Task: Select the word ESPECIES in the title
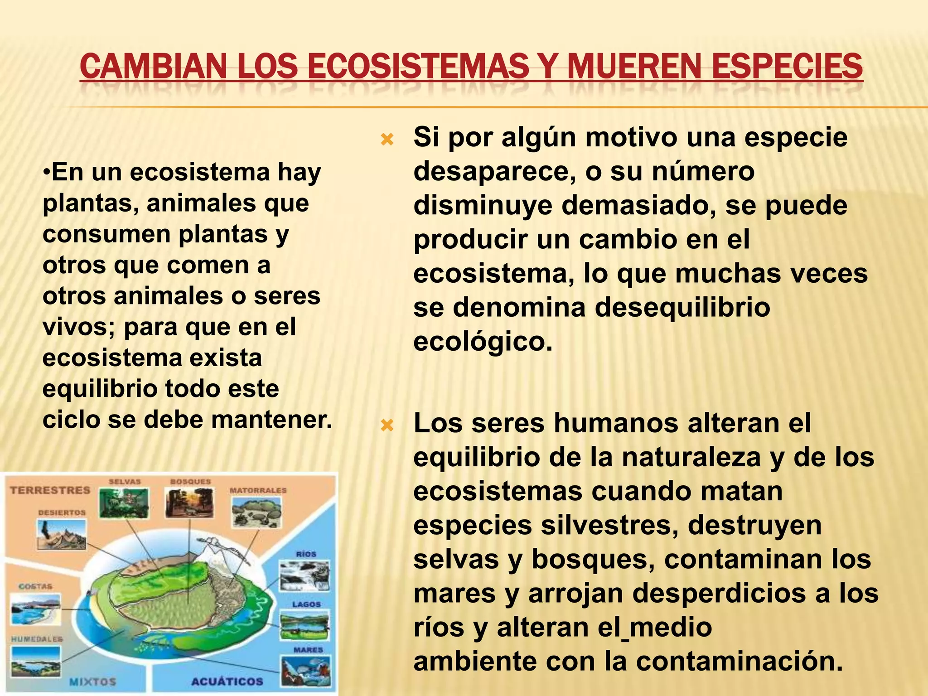pos(787,66)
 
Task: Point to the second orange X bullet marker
pos(387,425)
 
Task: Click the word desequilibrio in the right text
pos(682,308)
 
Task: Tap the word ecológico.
pos(483,342)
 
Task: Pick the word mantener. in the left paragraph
pos(272,420)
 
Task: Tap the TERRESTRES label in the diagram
pos(50,490)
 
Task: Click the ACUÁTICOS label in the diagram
pos(227,681)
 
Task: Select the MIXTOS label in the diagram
pos(92,681)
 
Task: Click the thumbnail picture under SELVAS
pos(124,503)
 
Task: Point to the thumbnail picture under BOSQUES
pos(189,503)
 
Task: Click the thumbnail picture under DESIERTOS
pos(62,535)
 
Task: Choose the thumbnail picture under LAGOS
pos(304,627)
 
